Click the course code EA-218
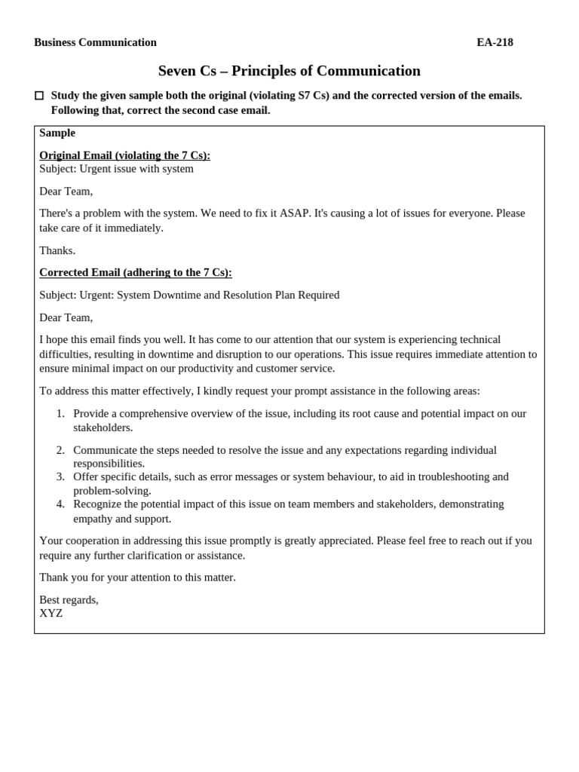[x=495, y=42]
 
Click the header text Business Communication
[x=95, y=42]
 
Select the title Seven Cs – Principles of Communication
[x=289, y=71]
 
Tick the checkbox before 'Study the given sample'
[x=39, y=96]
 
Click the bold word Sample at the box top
[x=57, y=133]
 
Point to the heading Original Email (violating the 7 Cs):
[x=124, y=155]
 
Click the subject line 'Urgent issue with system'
[x=136, y=169]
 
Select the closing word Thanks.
[x=57, y=250]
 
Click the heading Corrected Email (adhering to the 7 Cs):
[x=136, y=272]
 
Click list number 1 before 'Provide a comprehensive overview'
[x=60, y=414]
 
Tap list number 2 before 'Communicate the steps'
[x=60, y=450]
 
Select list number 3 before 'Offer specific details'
[x=60, y=476]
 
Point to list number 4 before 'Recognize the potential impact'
[x=60, y=504]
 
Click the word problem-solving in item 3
[x=112, y=491]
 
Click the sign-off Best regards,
[x=69, y=600]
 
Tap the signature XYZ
[x=51, y=614]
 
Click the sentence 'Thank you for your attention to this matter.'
[x=137, y=577]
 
